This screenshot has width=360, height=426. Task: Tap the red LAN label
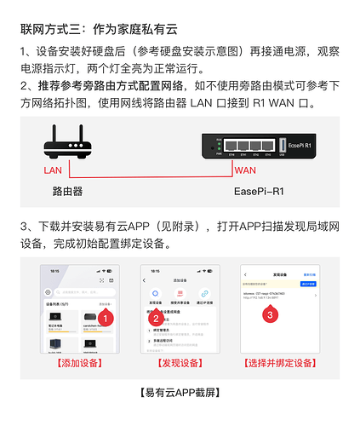pos(53,170)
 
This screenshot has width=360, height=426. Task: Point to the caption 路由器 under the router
pos(68,192)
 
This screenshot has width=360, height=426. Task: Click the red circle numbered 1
pos(104,316)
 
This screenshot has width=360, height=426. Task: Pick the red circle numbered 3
pos(271,314)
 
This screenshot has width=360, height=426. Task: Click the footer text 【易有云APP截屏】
pos(180,393)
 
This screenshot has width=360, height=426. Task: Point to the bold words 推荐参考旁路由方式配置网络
pos(115,86)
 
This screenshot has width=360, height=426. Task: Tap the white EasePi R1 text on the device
pos(315,145)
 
